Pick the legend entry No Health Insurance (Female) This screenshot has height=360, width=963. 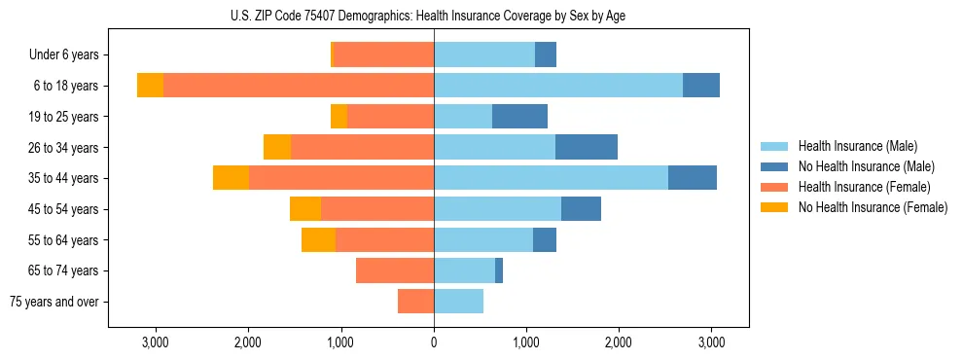tap(873, 207)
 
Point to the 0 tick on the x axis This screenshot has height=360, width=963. tap(434, 343)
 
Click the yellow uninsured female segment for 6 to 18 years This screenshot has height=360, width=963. tap(150, 86)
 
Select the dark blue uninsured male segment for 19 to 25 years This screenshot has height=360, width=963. tap(519, 117)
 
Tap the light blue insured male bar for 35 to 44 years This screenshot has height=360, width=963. tap(551, 178)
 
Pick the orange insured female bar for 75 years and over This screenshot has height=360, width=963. tap(415, 302)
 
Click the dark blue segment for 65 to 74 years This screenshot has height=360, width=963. tap(499, 270)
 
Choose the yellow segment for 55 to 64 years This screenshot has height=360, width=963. tap(318, 239)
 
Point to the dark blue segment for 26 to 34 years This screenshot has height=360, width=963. tap(587, 147)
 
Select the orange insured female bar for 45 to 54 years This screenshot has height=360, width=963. tap(377, 209)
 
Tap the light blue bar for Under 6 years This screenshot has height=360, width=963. tap(484, 54)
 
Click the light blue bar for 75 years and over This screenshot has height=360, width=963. tap(458, 302)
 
